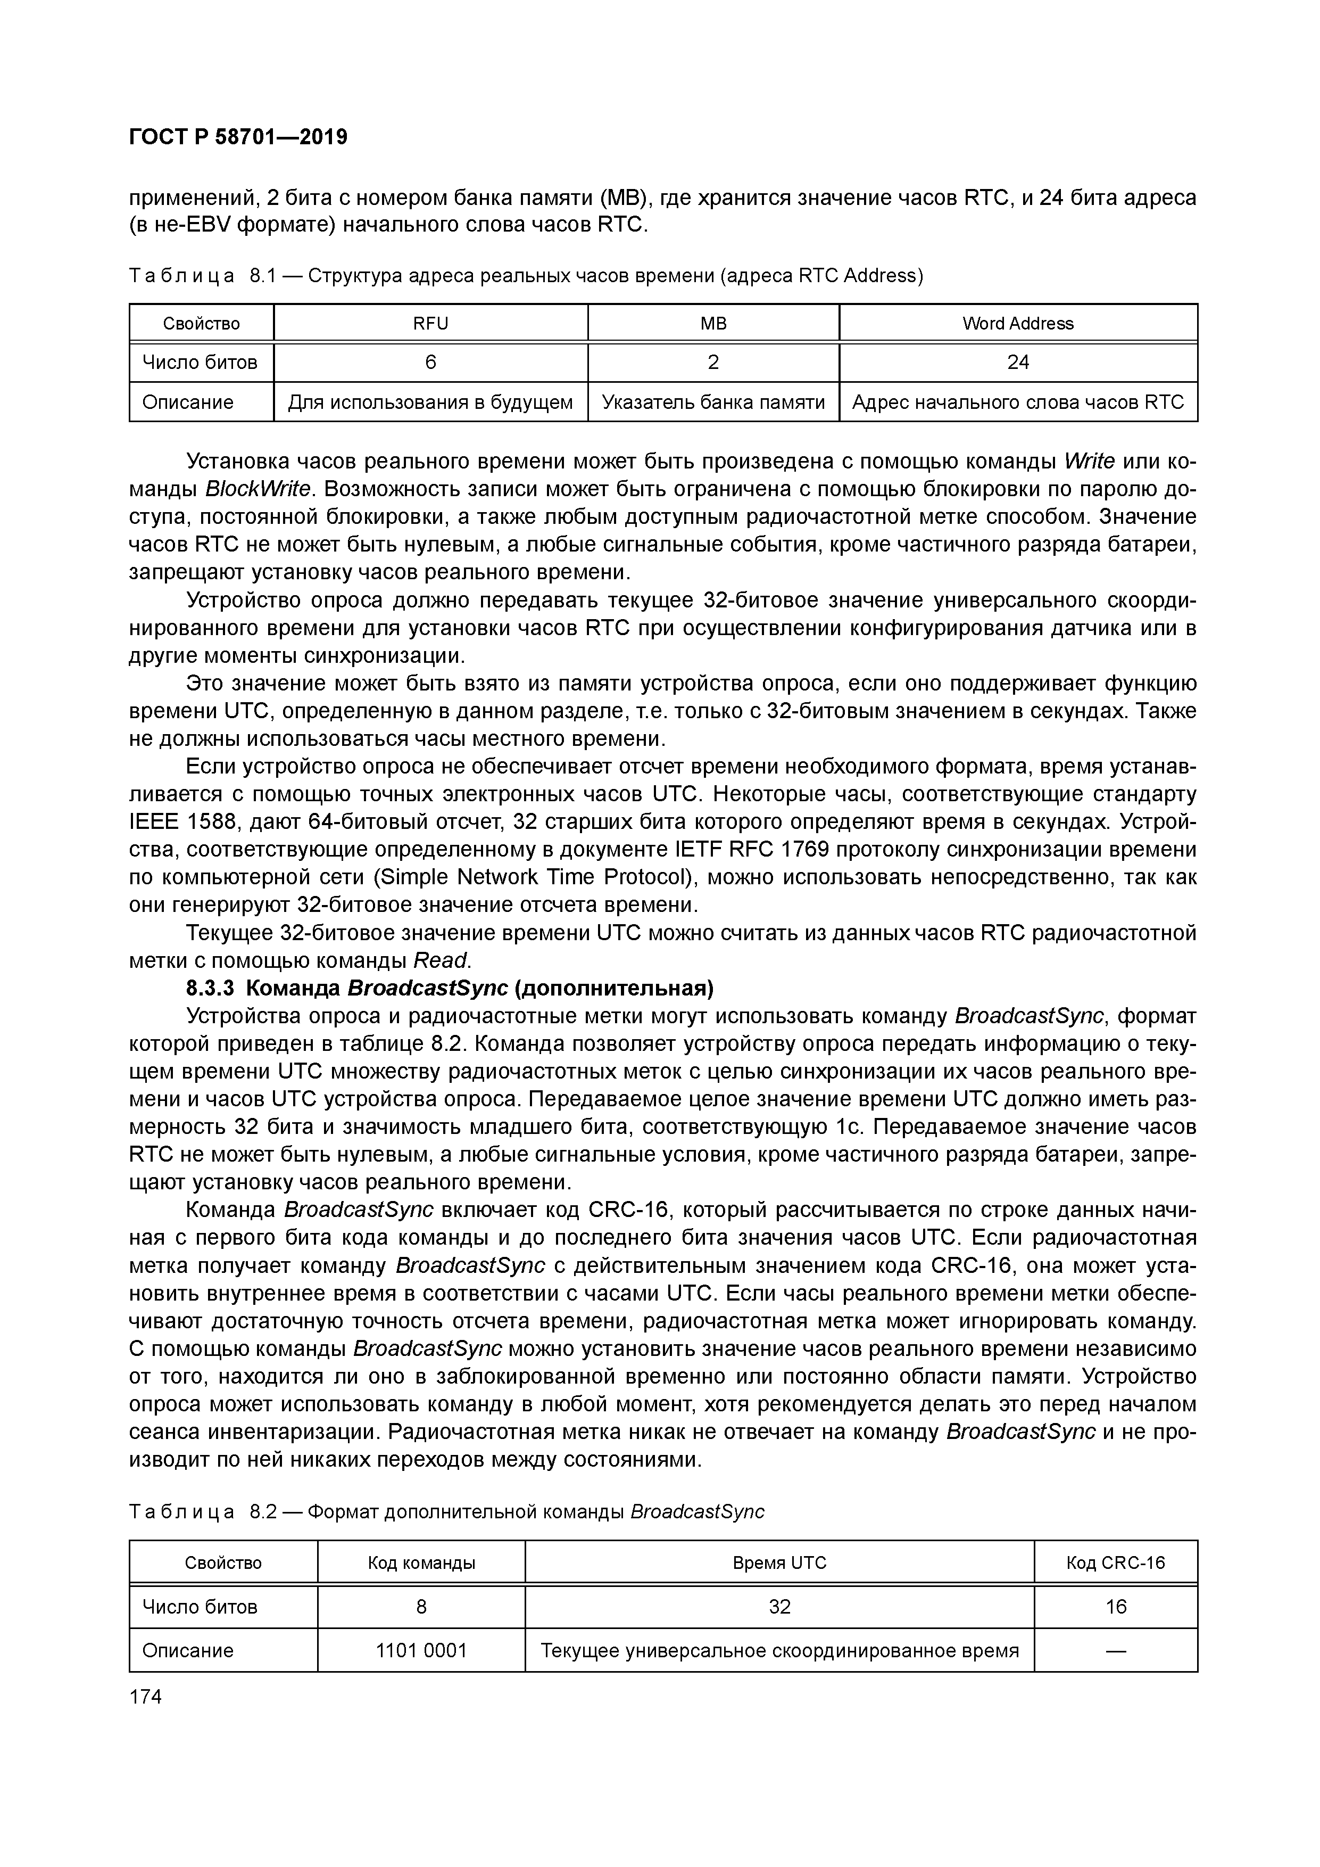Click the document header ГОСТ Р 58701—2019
coord(238,137)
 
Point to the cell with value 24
coord(1018,363)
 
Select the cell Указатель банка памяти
coord(713,402)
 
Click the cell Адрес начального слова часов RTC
coord(1018,402)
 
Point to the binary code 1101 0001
coord(421,1650)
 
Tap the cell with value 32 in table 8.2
coord(779,1607)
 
